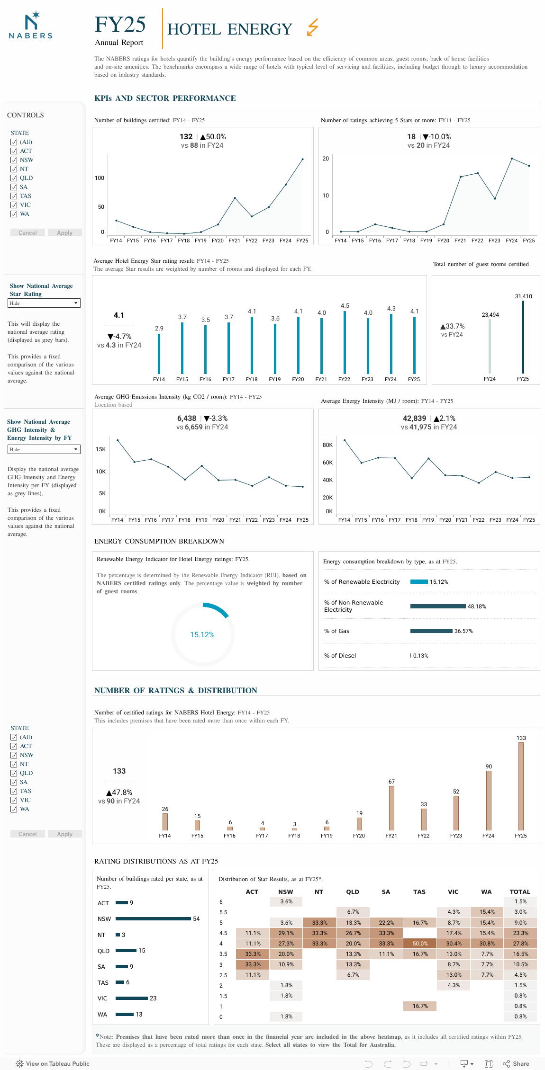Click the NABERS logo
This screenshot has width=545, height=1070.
pyautogui.click(x=31, y=26)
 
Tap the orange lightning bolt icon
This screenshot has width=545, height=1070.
pyautogui.click(x=312, y=27)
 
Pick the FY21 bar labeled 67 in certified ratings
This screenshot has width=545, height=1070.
pyautogui.click(x=391, y=808)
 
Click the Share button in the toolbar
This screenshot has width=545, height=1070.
pyautogui.click(x=516, y=1063)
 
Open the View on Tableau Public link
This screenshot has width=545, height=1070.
pyautogui.click(x=53, y=1063)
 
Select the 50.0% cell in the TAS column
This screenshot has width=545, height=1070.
pyautogui.click(x=420, y=944)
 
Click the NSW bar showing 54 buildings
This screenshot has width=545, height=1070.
pyautogui.click(x=153, y=918)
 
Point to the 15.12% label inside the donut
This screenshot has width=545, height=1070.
pyautogui.click(x=202, y=635)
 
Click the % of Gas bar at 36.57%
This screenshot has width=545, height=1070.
pyautogui.click(x=431, y=631)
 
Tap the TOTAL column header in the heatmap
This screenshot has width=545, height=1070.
pyautogui.click(x=520, y=892)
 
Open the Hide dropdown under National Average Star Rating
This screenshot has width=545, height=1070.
pyautogui.click(x=44, y=303)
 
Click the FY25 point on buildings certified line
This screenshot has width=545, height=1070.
pyautogui.click(x=302, y=160)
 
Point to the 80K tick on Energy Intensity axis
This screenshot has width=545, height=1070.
pyautogui.click(x=327, y=445)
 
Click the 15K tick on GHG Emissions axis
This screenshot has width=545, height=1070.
pyautogui.click(x=100, y=449)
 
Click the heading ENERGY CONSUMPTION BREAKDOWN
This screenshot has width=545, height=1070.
pyautogui.click(x=159, y=541)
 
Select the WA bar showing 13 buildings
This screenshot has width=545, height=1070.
pyautogui.click(x=125, y=1014)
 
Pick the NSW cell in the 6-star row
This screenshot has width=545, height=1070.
pyautogui.click(x=286, y=902)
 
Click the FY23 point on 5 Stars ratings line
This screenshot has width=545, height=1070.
pyautogui.click(x=495, y=199)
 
